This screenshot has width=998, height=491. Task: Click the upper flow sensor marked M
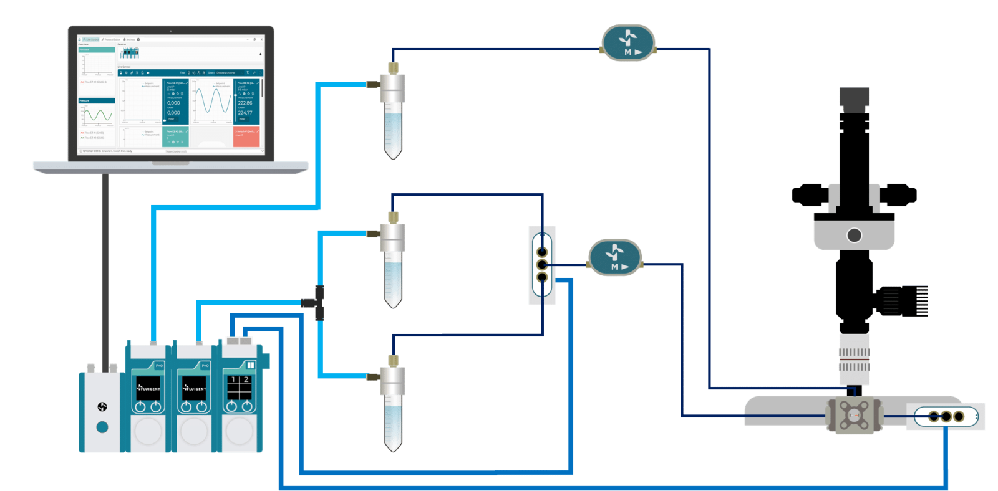628,43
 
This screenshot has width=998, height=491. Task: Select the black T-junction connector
318,303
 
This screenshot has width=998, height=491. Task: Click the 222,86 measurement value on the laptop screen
245,103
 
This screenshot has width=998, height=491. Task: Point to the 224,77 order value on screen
245,113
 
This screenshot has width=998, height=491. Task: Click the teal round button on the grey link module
102,427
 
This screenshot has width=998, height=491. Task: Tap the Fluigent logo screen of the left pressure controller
148,388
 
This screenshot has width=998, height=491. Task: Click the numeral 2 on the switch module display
246,379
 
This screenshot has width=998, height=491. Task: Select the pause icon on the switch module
251,365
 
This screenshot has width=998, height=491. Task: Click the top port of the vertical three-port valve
542,252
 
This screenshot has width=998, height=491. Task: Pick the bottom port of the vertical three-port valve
542,277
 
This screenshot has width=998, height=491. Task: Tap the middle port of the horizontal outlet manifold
946,416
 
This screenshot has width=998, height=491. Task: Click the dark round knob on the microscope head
854,235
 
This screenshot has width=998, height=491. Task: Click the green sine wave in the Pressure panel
98,115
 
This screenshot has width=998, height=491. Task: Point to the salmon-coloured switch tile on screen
246,137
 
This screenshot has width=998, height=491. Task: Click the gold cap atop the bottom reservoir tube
393,360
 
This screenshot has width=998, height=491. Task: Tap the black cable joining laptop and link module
105,268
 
